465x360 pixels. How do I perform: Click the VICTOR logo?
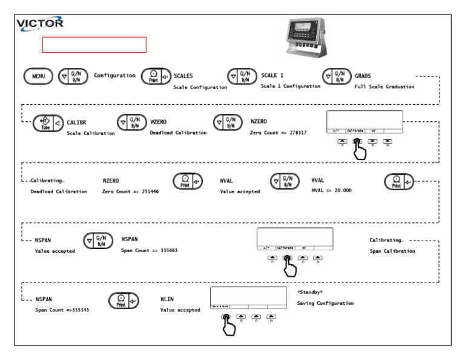point(41,24)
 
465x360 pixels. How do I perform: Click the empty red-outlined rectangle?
point(94,44)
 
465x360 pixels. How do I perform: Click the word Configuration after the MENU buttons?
point(114,76)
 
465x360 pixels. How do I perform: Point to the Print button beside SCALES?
point(155,76)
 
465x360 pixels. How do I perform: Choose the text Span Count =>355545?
point(62,310)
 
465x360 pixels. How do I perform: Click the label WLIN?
point(167,299)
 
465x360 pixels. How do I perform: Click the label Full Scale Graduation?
point(384,87)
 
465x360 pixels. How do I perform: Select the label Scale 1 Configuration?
point(290,87)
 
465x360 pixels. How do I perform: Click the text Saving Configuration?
point(325,303)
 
